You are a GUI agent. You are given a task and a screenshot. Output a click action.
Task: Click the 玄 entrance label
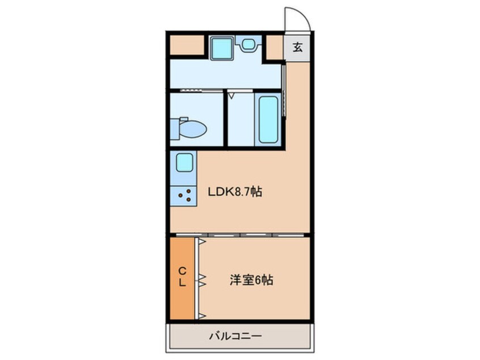click(298, 47)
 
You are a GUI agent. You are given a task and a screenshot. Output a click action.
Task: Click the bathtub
click(268, 119)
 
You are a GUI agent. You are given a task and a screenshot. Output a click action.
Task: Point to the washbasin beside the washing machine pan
click(249, 44)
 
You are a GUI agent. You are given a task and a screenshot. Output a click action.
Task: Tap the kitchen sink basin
click(184, 163)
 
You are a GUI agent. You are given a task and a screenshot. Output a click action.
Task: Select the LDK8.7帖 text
click(234, 192)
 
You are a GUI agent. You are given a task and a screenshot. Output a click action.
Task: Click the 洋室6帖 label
click(251, 280)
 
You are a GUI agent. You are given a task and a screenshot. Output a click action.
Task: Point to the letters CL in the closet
click(183, 277)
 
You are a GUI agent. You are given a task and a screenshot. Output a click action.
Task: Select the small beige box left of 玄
click(275, 47)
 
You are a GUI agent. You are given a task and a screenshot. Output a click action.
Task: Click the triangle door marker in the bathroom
click(231, 96)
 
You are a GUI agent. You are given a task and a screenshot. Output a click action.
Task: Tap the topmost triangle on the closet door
click(201, 242)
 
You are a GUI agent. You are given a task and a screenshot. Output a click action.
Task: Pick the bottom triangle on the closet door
click(201, 316)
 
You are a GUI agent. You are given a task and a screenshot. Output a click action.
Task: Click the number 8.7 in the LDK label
click(243, 192)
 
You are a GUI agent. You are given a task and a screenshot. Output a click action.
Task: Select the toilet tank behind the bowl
click(177, 128)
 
